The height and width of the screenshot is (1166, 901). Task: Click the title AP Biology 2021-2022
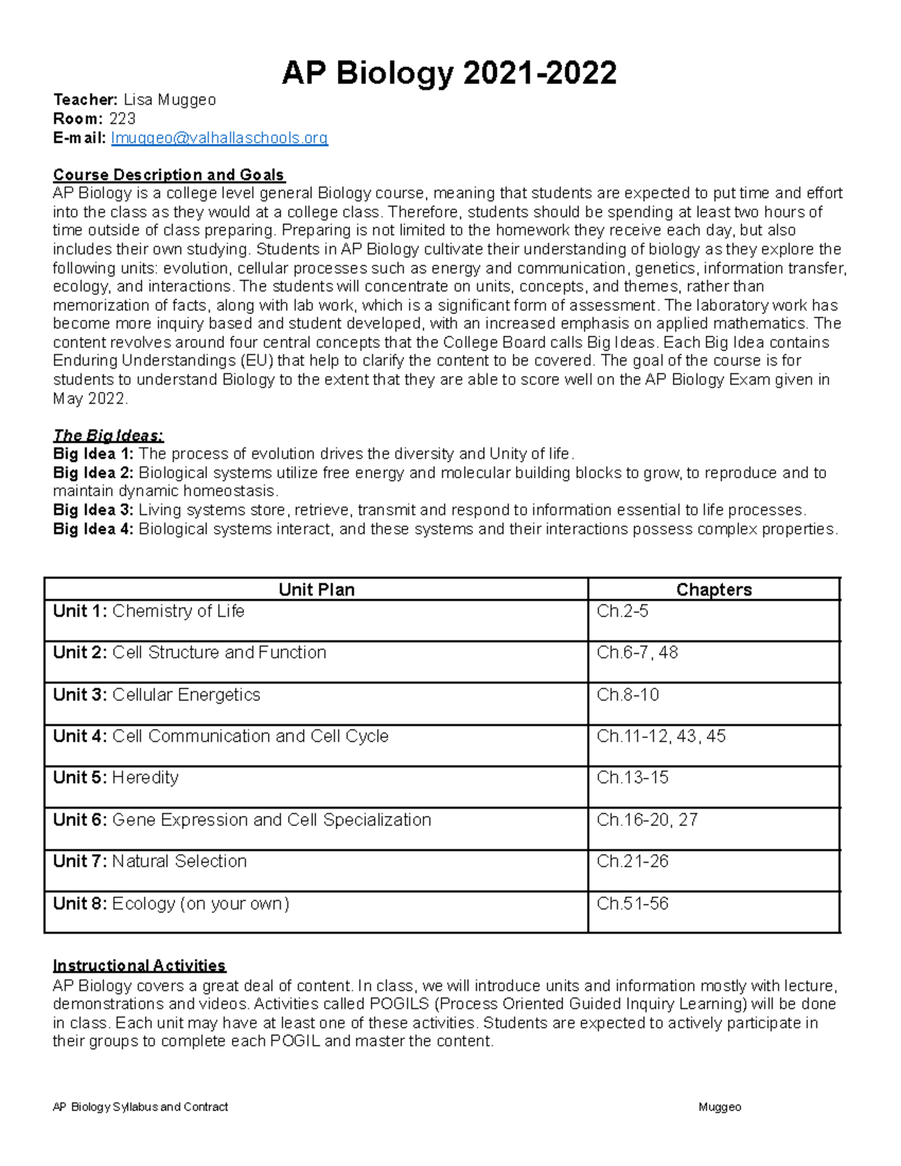click(449, 74)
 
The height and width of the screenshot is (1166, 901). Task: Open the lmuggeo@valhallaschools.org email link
click(219, 138)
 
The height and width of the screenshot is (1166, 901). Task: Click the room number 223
click(122, 119)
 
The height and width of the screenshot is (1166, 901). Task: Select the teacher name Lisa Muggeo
click(170, 100)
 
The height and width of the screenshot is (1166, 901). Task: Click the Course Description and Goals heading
click(168, 175)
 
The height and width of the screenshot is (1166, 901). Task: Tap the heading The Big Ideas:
click(108, 435)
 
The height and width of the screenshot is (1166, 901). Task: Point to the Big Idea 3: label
click(93, 511)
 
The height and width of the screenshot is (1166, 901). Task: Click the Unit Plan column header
click(316, 589)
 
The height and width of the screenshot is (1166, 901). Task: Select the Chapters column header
click(713, 589)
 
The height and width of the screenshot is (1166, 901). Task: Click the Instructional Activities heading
click(139, 966)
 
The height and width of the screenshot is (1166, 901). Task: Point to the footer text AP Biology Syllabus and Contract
click(140, 1107)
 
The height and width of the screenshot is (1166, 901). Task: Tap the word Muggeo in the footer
click(719, 1107)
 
